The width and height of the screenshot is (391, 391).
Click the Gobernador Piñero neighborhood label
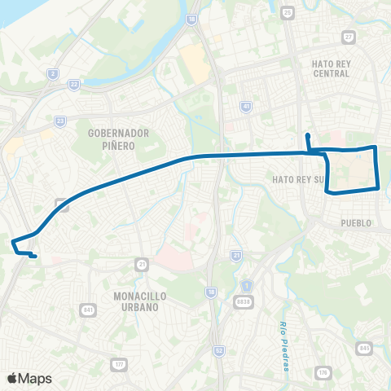(115, 138)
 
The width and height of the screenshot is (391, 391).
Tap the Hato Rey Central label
(331, 68)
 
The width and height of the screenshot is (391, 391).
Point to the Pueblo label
(357, 222)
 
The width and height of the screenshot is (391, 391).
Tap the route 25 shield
(288, 12)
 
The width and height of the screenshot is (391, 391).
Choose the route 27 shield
(349, 36)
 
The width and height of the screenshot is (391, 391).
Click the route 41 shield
(245, 107)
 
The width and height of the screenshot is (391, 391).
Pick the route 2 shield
(53, 74)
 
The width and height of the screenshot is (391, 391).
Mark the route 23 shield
(60, 121)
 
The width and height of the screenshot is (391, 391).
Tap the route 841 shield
(88, 310)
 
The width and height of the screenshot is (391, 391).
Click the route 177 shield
(120, 363)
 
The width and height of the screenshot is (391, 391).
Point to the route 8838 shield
(243, 302)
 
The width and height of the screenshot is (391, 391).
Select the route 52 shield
(218, 349)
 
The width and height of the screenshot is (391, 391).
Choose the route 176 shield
(323, 372)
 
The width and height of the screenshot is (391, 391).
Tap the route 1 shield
(245, 287)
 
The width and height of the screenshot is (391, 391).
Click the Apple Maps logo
(29, 378)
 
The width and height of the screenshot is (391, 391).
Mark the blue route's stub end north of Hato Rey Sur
(307, 135)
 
